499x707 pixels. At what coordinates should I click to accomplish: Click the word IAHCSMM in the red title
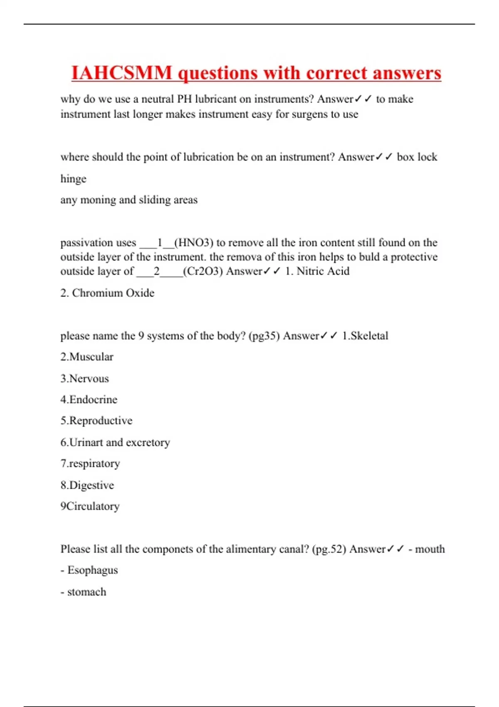coord(121,73)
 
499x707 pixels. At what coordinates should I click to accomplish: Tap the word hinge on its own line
coord(74,179)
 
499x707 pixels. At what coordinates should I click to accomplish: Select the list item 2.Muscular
coord(87,357)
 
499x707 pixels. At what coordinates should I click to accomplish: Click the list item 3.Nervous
coord(85,378)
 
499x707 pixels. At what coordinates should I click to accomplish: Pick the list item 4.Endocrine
coord(89,400)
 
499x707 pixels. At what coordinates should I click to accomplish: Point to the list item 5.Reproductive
coord(96,420)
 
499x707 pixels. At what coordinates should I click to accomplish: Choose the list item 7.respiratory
coord(90,463)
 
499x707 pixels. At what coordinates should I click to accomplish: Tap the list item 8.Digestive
coord(87,485)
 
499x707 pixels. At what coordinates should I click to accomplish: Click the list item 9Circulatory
coord(90,506)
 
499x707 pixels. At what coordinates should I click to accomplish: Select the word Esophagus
coord(93,570)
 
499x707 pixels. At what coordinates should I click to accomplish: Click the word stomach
coord(87,592)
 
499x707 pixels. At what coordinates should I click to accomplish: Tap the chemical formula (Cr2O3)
coord(203,271)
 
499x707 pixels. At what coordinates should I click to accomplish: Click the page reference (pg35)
coord(264,336)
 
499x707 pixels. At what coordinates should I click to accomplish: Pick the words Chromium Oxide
coord(113,293)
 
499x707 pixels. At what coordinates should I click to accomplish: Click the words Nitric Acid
coord(323,271)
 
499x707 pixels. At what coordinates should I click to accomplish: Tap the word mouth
coord(430,549)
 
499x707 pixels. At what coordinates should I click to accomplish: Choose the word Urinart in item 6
coord(86,442)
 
